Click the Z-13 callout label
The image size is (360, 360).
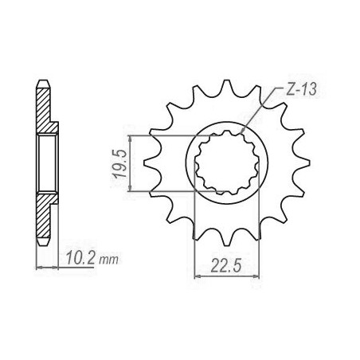(x=301, y=90)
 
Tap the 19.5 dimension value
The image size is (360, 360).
(x=119, y=163)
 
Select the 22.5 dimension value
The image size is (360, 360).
(x=226, y=266)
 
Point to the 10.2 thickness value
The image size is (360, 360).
(x=80, y=258)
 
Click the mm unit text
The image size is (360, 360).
(x=108, y=260)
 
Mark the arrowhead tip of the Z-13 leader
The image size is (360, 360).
(x=241, y=133)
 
